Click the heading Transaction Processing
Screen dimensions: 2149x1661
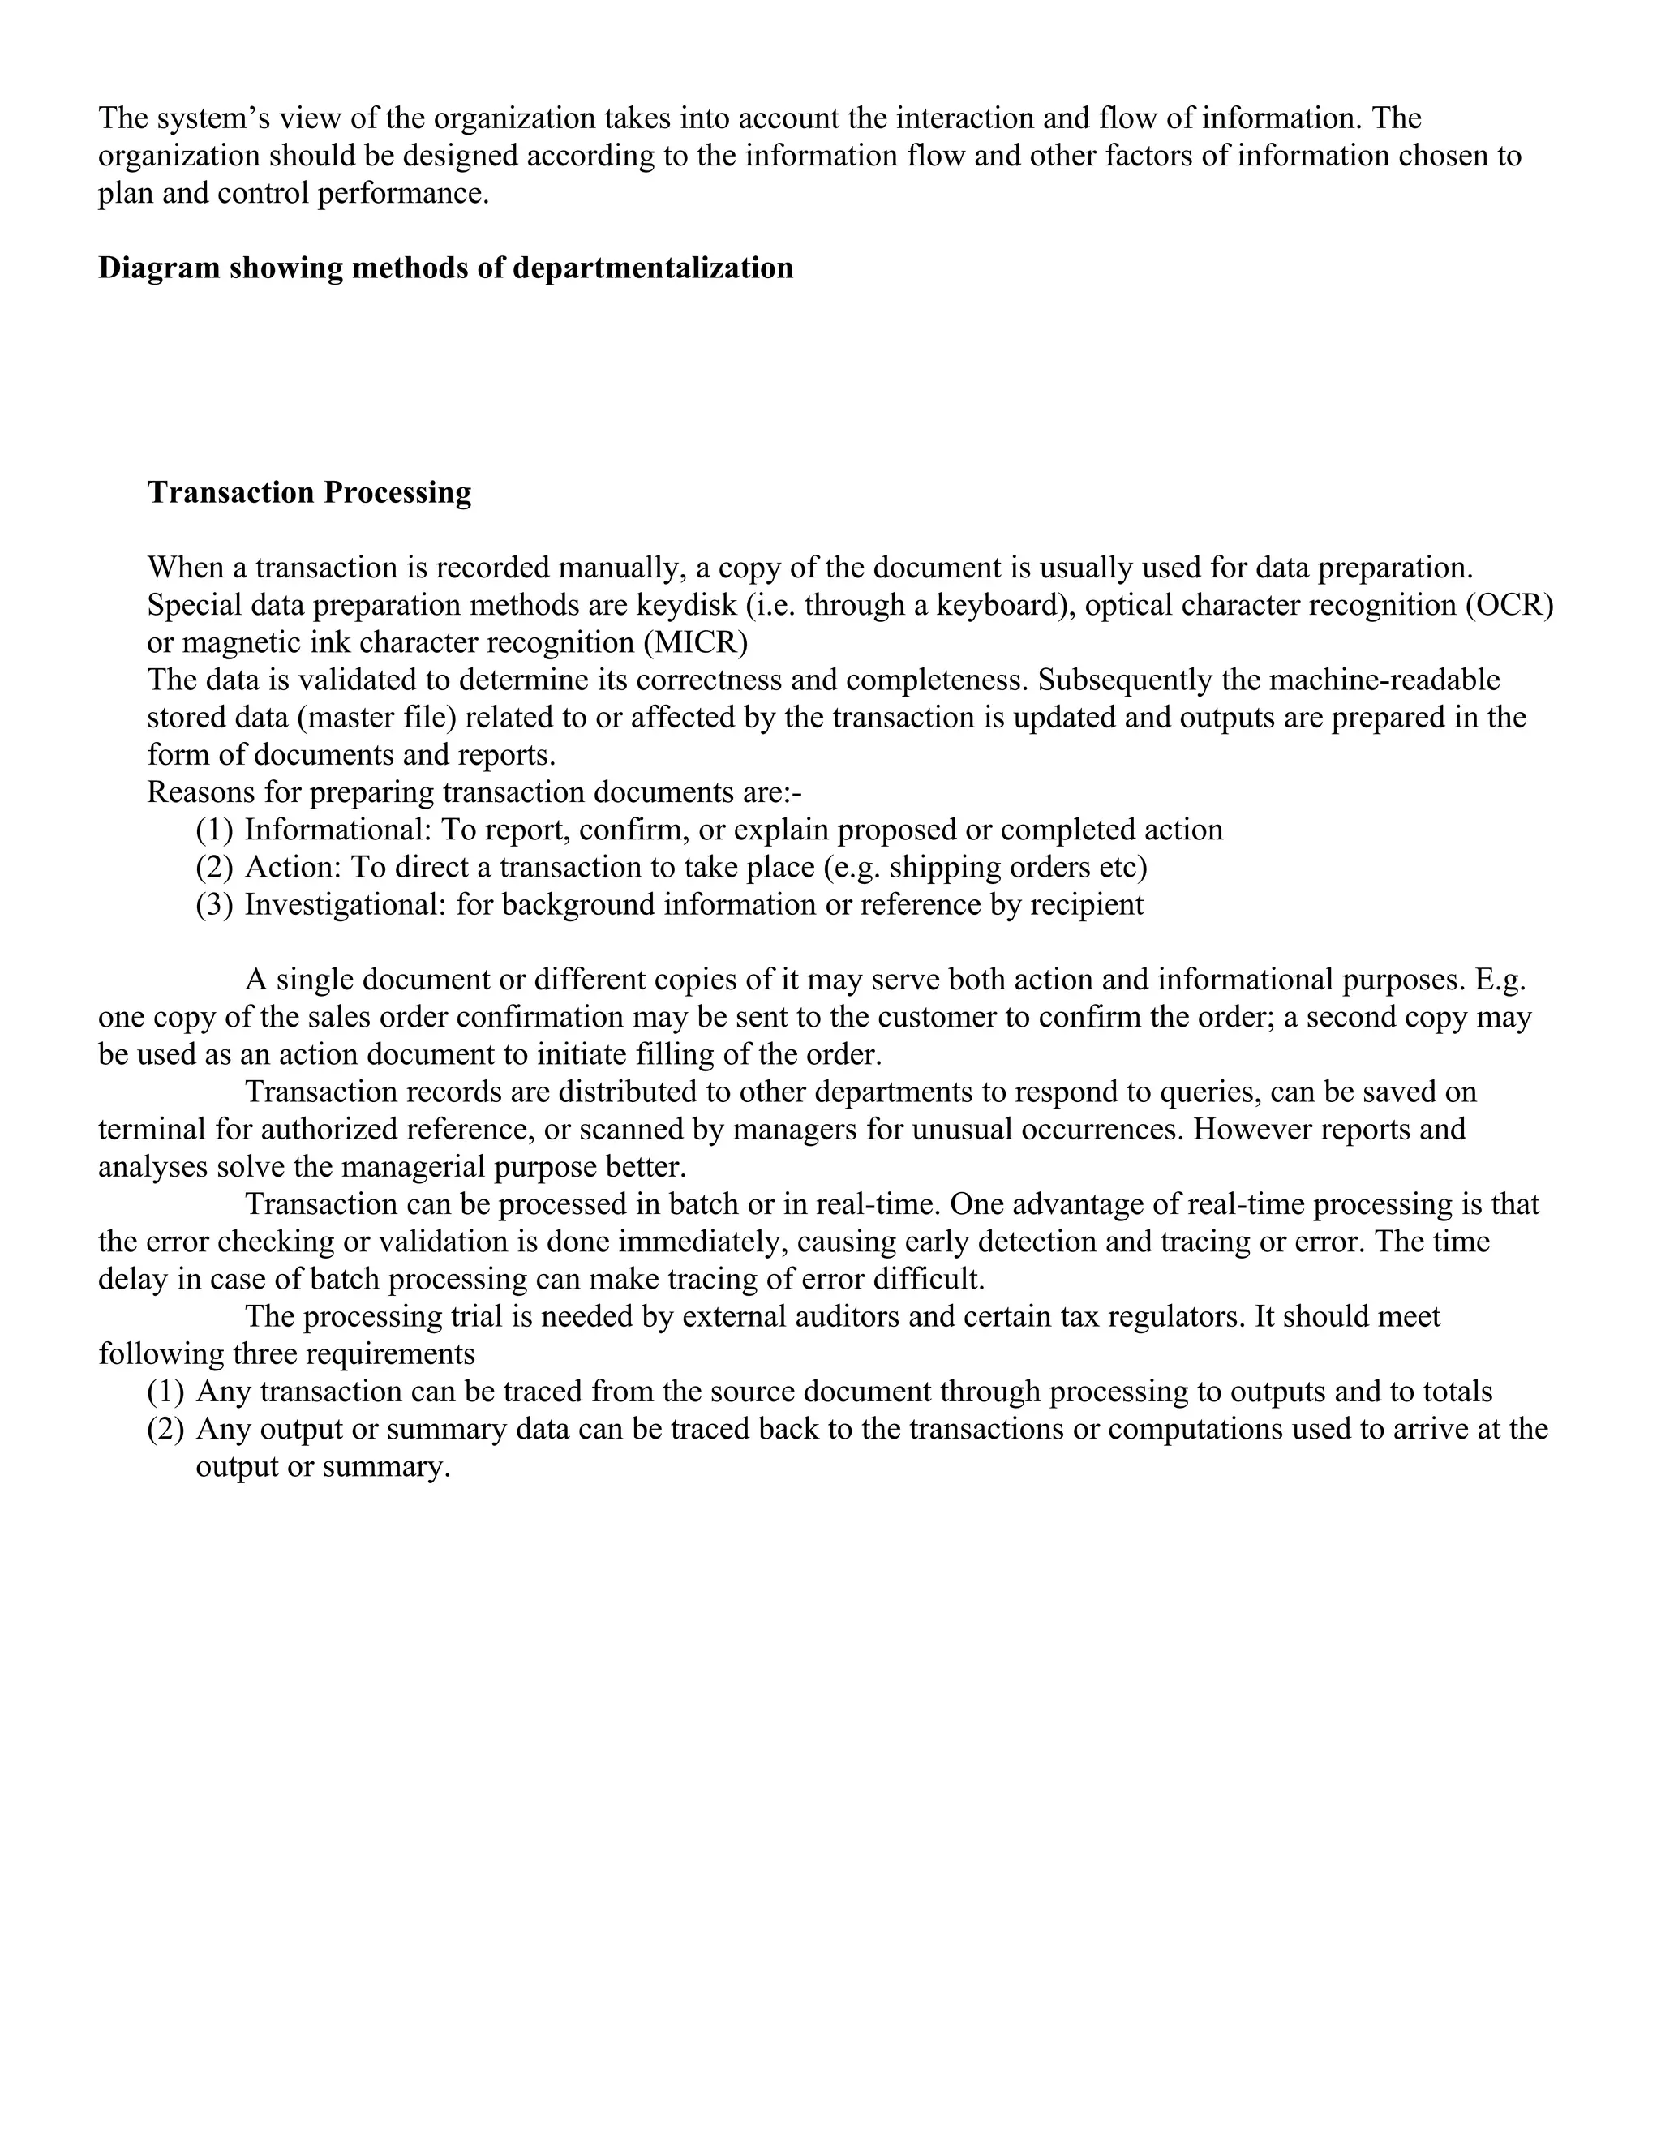point(309,493)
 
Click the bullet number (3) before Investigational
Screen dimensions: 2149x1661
point(214,905)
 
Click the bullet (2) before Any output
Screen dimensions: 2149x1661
point(165,1430)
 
